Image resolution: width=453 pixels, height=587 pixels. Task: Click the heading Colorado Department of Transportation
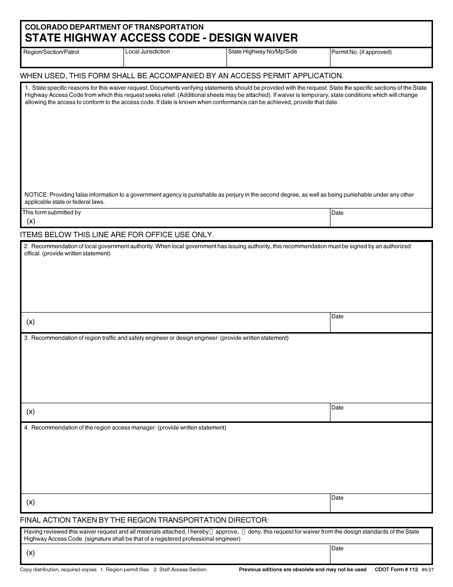click(114, 27)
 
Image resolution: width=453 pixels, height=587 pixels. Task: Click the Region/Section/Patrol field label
click(51, 52)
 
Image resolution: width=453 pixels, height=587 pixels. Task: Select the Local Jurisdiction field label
click(147, 52)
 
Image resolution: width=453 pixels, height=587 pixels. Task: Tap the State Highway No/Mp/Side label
click(262, 52)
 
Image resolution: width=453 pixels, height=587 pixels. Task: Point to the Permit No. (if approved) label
click(361, 52)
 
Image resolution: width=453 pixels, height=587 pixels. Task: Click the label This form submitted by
click(52, 212)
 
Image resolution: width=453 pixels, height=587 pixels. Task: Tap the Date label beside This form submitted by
click(337, 213)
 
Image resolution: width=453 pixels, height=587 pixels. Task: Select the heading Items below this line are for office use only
click(117, 235)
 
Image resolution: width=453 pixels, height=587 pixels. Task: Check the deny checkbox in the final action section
click(244, 532)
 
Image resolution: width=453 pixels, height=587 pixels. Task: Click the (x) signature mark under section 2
click(31, 322)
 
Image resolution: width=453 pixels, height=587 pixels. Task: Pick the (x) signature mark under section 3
click(31, 411)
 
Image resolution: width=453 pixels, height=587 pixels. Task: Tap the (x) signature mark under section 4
click(31, 502)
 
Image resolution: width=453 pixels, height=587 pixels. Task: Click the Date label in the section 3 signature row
click(337, 408)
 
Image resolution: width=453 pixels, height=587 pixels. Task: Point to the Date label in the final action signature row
click(337, 548)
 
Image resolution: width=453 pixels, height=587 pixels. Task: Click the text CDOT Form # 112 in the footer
click(396, 569)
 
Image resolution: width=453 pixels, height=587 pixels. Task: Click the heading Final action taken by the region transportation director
click(144, 520)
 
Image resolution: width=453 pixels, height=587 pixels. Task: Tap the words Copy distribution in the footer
click(40, 569)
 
